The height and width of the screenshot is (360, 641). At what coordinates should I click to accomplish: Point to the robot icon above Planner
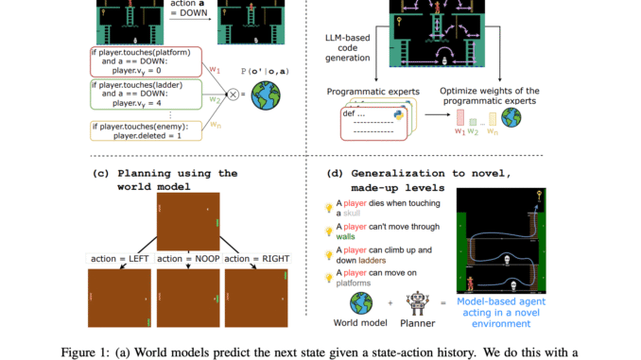[412, 304]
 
